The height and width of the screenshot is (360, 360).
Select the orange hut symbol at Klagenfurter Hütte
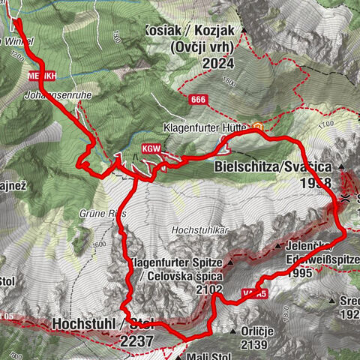click(x=258, y=127)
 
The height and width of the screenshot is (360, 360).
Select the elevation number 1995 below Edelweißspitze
click(x=299, y=273)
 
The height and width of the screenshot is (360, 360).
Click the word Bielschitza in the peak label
click(x=247, y=167)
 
